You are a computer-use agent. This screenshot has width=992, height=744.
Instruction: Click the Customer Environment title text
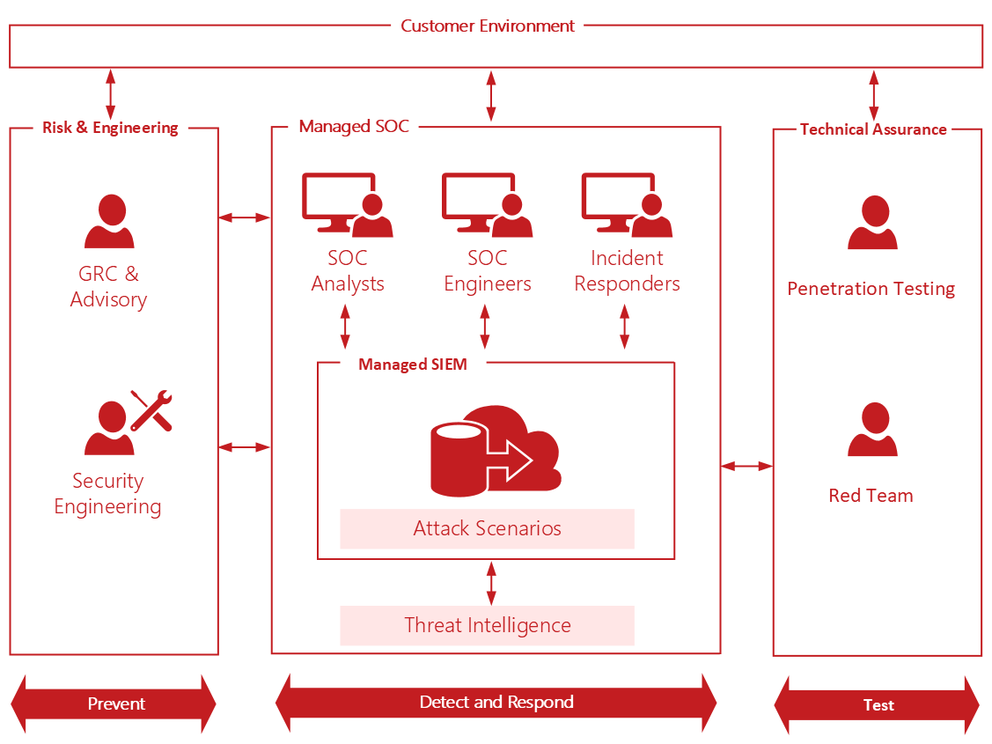pyautogui.click(x=488, y=26)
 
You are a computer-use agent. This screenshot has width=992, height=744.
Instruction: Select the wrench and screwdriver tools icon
pyautogui.click(x=151, y=409)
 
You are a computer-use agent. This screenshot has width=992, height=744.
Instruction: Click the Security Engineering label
pyautogui.click(x=107, y=494)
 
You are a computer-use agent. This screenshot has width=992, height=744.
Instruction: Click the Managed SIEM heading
pyautogui.click(x=412, y=365)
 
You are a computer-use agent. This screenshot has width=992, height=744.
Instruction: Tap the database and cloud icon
pyautogui.click(x=496, y=449)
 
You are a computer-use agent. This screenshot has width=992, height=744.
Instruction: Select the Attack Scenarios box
pyautogui.click(x=487, y=528)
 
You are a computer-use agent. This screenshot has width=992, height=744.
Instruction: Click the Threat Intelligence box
pyautogui.click(x=487, y=625)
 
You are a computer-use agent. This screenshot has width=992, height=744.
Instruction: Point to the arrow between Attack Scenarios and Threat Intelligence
pyautogui.click(x=491, y=583)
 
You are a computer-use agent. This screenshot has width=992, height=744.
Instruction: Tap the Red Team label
pyautogui.click(x=871, y=496)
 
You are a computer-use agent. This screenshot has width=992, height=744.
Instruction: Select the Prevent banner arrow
pyautogui.click(x=114, y=703)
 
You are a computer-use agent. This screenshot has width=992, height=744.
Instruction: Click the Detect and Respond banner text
pyautogui.click(x=496, y=702)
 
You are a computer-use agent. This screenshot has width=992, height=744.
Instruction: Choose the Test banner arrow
pyautogui.click(x=877, y=704)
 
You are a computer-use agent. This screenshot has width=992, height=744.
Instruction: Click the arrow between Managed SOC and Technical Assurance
pyautogui.click(x=746, y=465)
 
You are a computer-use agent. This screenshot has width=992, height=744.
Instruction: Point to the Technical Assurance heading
pyautogui.click(x=873, y=129)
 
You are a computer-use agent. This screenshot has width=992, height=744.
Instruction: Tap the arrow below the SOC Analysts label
pyautogui.click(x=345, y=327)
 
